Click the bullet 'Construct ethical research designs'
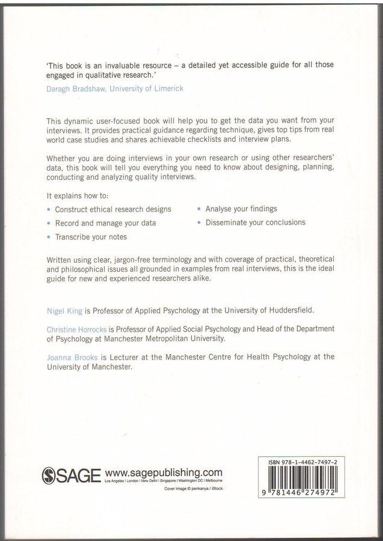[x=113, y=209]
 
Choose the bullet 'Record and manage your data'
[x=105, y=223]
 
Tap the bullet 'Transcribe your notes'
[x=91, y=237]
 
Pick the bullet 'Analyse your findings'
[x=241, y=209]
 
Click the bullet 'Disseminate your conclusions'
[x=255, y=222]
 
